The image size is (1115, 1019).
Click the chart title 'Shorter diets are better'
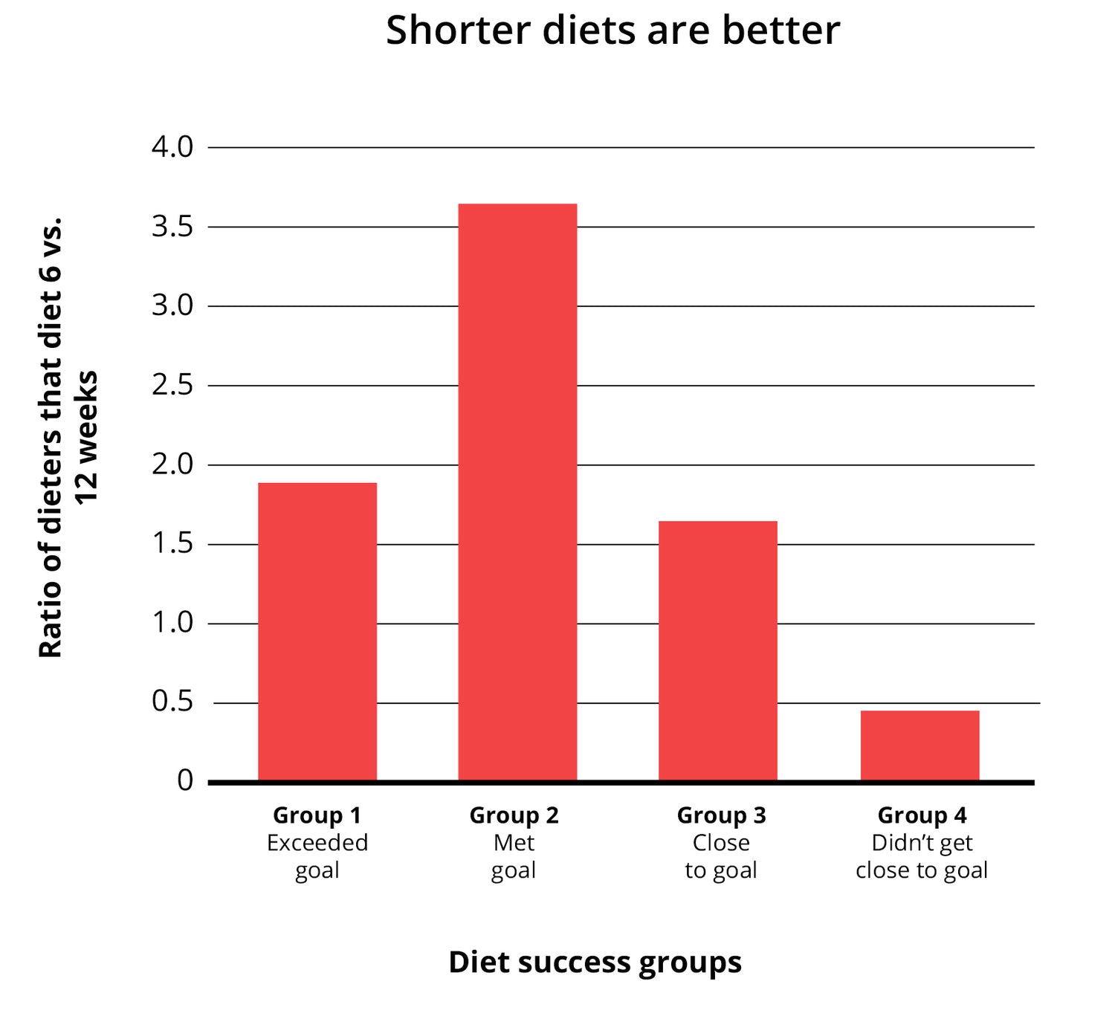pyautogui.click(x=613, y=31)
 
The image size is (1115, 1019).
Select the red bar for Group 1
pyautogui.click(x=317, y=632)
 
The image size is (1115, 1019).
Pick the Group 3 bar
pyautogui.click(x=718, y=650)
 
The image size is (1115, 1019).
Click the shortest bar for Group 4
pyautogui.click(x=920, y=745)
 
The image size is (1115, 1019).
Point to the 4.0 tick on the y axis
pyautogui.click(x=172, y=147)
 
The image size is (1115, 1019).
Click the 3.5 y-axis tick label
pyautogui.click(x=172, y=227)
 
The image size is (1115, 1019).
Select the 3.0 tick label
pyautogui.click(x=172, y=305)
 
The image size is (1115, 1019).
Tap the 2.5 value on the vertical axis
pyautogui.click(x=172, y=385)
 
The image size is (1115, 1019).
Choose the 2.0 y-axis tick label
pyautogui.click(x=172, y=465)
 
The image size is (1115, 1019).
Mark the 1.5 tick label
pyautogui.click(x=172, y=544)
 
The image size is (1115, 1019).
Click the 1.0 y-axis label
pyautogui.click(x=172, y=623)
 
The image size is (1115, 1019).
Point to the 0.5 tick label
pyautogui.click(x=172, y=702)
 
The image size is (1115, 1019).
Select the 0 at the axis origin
pyautogui.click(x=185, y=780)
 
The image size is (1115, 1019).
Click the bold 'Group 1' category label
pyautogui.click(x=317, y=815)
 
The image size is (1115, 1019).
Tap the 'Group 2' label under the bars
pyautogui.click(x=514, y=815)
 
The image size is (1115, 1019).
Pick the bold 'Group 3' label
pyautogui.click(x=721, y=815)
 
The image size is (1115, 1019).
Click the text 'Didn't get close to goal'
pyautogui.click(x=922, y=856)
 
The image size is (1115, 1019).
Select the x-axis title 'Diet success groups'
pyautogui.click(x=595, y=962)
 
